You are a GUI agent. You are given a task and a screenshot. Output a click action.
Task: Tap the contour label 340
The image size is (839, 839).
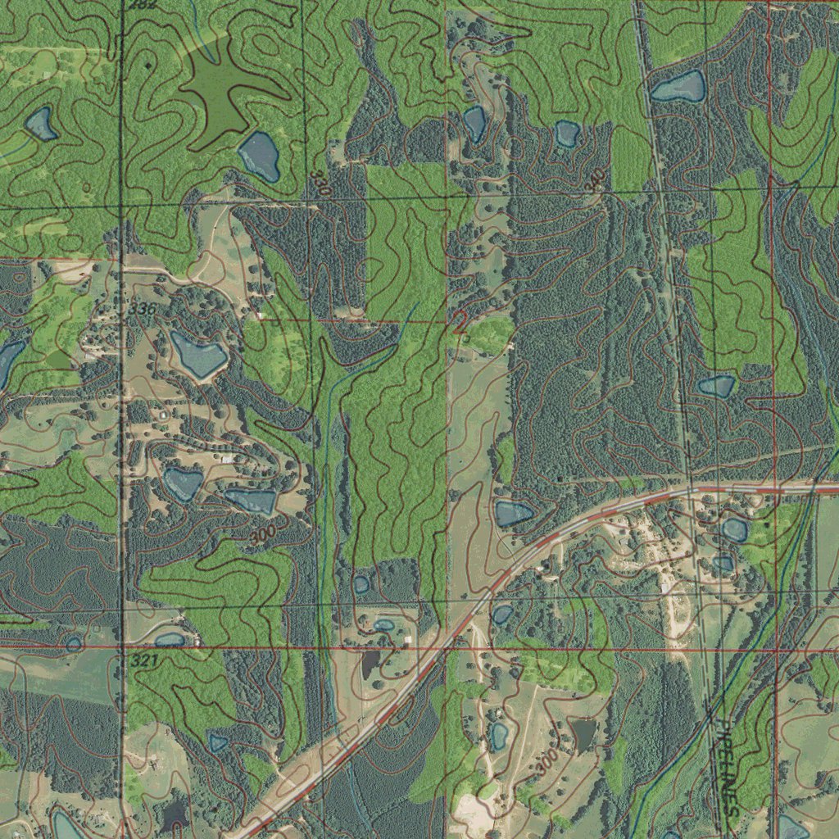(x=596, y=179)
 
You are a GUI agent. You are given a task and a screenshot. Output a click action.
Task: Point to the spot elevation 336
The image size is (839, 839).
(x=141, y=309)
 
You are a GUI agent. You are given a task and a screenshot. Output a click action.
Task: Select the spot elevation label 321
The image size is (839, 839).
(x=143, y=660)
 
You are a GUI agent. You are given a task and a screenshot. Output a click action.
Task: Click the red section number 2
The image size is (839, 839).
(x=460, y=322)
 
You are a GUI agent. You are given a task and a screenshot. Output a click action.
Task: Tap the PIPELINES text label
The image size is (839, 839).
(x=727, y=767)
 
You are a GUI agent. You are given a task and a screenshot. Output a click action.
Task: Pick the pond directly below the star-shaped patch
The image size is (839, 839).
(x=260, y=155)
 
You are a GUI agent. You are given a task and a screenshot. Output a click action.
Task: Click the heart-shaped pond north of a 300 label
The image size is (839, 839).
(x=182, y=483)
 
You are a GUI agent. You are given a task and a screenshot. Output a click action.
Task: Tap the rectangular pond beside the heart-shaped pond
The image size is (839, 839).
(x=251, y=501)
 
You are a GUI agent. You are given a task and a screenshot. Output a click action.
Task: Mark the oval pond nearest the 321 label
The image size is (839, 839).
(x=170, y=639)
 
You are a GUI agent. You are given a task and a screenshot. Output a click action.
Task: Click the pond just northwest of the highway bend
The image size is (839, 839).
(x=513, y=514)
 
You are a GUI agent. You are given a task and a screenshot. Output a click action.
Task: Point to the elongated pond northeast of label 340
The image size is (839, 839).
(x=678, y=87)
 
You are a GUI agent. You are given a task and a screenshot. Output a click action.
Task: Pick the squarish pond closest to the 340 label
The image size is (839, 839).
(x=566, y=134)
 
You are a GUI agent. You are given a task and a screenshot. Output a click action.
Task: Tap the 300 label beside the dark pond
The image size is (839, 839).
(x=546, y=764)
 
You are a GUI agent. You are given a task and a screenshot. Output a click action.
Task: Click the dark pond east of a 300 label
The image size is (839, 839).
(x=583, y=733)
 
